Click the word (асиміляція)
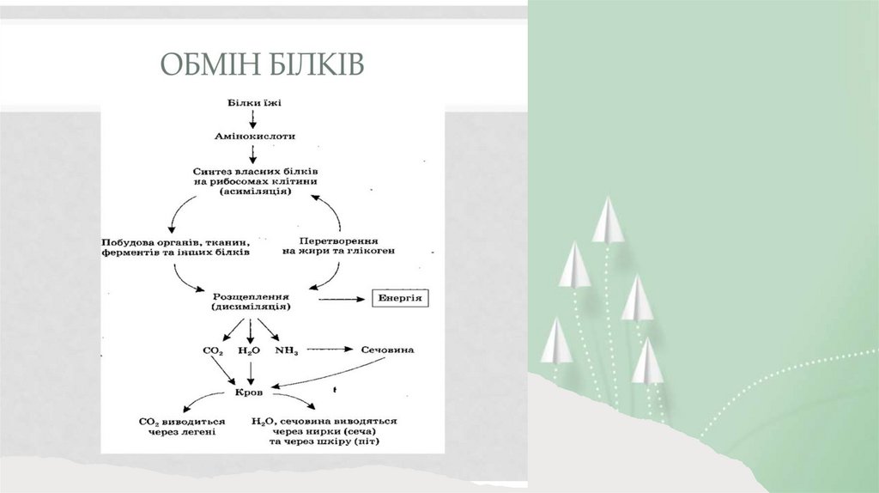pos(251,192)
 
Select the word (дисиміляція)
pos(250,306)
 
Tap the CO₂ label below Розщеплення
pos(212,351)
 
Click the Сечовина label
pos(386,350)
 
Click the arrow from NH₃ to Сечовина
pos(331,350)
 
